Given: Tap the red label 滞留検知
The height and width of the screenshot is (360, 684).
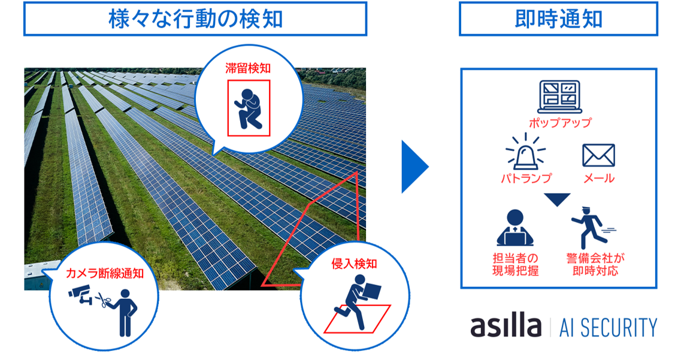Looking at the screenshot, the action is [x=248, y=68].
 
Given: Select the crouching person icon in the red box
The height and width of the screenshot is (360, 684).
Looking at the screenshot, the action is [x=249, y=108].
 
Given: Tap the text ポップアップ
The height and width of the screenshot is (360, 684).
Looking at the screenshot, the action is [x=559, y=123].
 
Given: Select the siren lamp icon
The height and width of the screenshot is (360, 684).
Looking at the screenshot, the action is [x=525, y=153].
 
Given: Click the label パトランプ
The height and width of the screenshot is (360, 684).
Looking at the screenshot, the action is [x=525, y=178].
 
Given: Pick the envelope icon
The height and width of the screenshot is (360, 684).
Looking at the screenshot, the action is [x=598, y=155].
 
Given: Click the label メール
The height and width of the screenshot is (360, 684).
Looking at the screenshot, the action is [x=598, y=178].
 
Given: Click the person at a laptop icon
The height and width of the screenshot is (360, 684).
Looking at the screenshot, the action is [x=514, y=228].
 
